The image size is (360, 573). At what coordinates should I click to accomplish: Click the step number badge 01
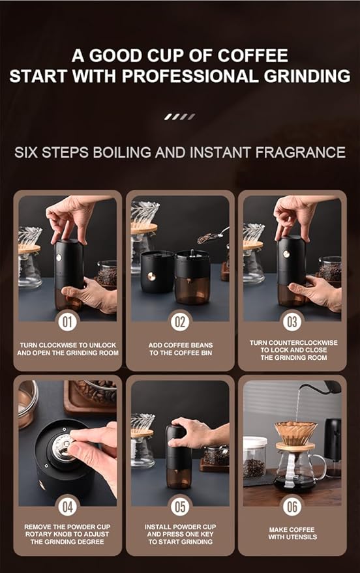tap(68, 321)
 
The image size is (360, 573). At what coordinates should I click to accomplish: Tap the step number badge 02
tap(180, 321)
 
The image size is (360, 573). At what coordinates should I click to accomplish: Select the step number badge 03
tap(292, 321)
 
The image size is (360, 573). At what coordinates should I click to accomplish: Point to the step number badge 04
tap(68, 507)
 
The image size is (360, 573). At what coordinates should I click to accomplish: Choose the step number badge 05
tap(180, 507)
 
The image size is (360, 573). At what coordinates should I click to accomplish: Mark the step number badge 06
tap(292, 507)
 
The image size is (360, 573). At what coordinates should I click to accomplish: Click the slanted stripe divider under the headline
tap(179, 117)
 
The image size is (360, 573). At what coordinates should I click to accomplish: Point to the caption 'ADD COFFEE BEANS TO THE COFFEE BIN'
tap(180, 349)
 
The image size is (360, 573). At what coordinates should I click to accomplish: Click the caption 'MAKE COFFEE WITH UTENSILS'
tap(292, 533)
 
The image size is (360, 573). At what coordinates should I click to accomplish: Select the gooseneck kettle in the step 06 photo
tap(326, 388)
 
